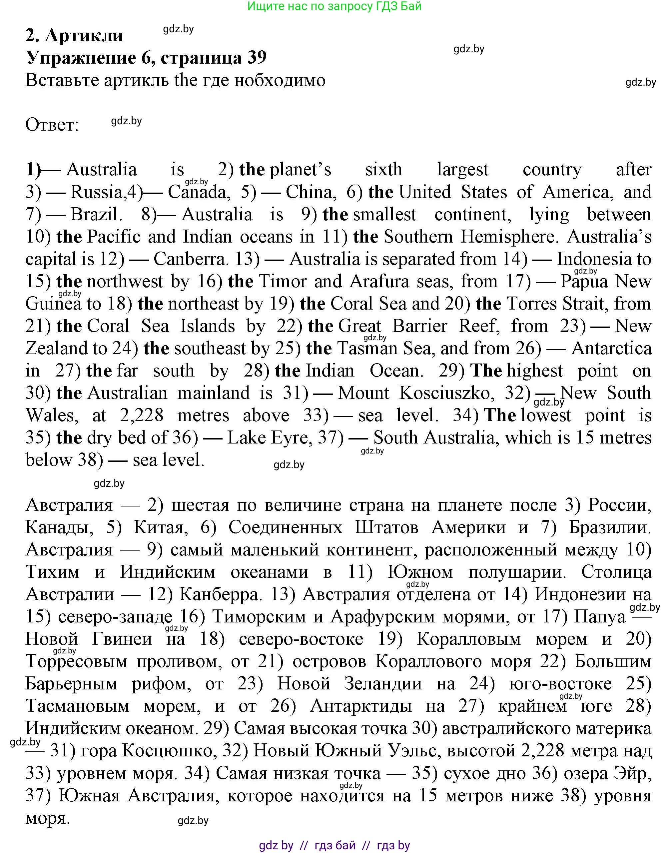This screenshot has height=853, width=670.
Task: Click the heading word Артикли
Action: coord(84,36)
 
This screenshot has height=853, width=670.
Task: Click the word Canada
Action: coord(197,192)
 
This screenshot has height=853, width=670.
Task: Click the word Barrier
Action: coord(419,327)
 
